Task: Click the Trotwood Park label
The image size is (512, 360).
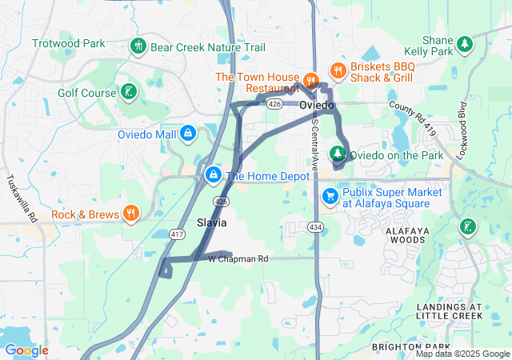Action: [x=69, y=42]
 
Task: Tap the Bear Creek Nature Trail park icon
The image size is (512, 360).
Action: [x=138, y=46]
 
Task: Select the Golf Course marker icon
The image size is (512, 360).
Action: [x=127, y=93]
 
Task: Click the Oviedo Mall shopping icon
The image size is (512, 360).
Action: [x=187, y=133]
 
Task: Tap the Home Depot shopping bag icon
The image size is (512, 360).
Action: [x=214, y=174]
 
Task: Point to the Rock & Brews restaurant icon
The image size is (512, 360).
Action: [x=130, y=214]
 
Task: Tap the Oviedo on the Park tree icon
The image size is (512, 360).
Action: [x=338, y=154]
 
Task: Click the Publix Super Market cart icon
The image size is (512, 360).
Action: [x=330, y=196]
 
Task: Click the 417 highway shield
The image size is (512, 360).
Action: [x=178, y=234]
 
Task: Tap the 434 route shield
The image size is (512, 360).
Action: [x=316, y=228]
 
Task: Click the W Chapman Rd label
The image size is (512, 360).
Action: [x=238, y=259]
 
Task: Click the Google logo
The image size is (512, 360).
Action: [x=26, y=350]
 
